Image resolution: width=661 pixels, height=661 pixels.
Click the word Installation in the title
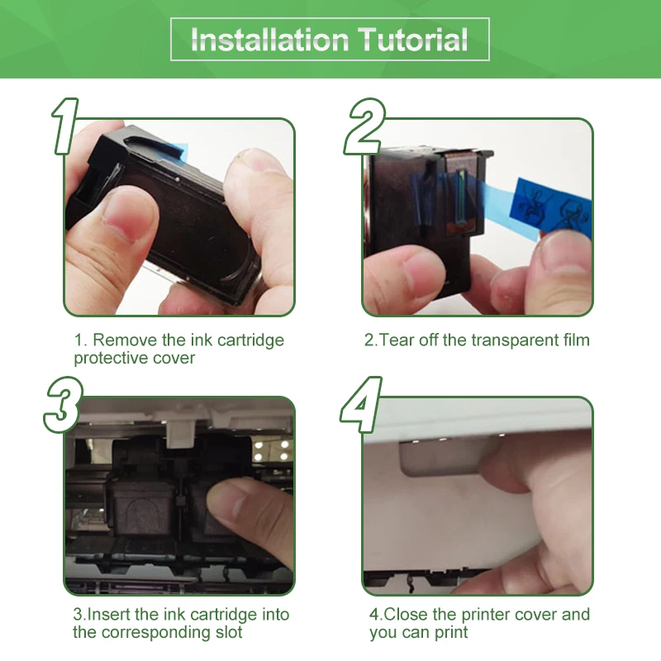(x=270, y=40)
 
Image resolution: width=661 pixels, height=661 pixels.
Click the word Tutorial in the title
(x=413, y=40)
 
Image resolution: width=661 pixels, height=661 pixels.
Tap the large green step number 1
(x=65, y=126)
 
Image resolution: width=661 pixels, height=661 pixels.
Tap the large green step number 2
(x=364, y=126)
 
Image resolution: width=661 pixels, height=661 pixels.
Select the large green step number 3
(x=64, y=405)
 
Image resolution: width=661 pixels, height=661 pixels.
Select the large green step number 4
(x=361, y=405)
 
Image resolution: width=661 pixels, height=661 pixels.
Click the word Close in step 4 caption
(x=406, y=614)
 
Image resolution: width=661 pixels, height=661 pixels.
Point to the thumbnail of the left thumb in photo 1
(x=130, y=215)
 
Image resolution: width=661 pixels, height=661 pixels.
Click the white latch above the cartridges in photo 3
(x=180, y=435)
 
